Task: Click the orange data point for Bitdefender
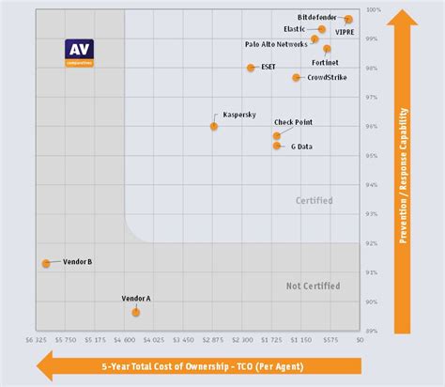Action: pos(348,19)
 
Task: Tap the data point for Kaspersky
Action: pos(214,126)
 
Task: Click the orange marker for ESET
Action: pos(251,68)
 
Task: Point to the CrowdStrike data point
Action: pos(297,77)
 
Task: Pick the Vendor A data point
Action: pos(136,311)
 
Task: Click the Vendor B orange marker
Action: pos(46,263)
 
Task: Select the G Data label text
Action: pos(301,147)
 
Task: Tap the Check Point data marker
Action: pos(277,136)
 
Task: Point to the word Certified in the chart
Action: pos(314,200)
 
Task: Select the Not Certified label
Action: pos(313,286)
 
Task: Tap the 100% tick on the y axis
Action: pos(372,9)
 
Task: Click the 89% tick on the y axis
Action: pos(372,331)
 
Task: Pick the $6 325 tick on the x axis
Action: pos(37,340)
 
